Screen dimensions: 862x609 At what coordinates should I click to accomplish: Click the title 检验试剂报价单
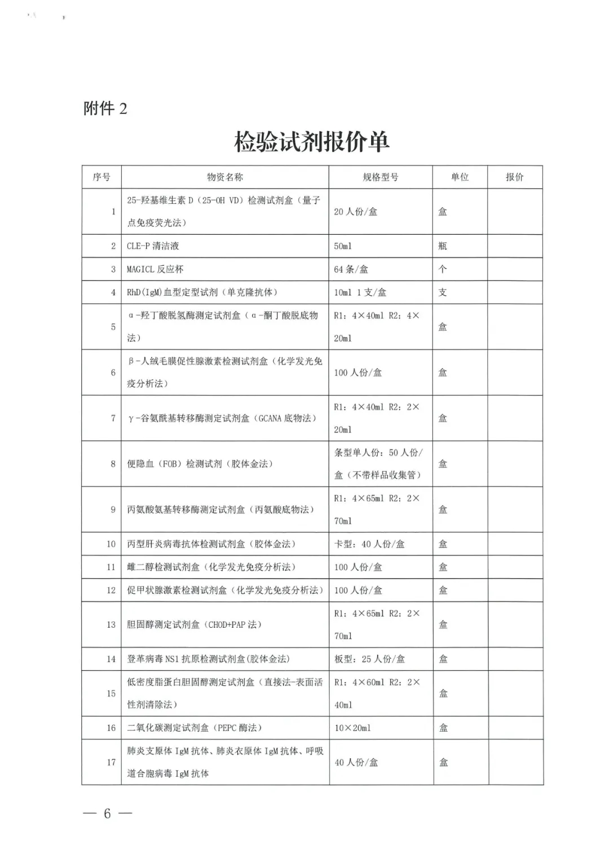[x=311, y=141]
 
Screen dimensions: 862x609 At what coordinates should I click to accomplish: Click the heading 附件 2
[x=105, y=108]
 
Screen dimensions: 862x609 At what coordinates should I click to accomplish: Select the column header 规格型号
[x=380, y=177]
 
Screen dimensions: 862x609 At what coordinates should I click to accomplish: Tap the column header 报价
[x=514, y=177]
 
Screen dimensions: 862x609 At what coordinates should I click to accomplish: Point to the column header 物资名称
[x=224, y=177]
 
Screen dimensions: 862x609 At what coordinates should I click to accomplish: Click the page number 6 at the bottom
[x=107, y=813]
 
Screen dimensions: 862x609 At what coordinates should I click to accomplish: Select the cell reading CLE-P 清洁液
[x=152, y=246]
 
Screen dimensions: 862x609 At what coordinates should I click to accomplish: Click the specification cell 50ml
[x=343, y=246]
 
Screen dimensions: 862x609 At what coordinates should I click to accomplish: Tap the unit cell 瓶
[x=443, y=246]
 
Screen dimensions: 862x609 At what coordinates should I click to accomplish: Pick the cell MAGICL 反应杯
[x=155, y=269]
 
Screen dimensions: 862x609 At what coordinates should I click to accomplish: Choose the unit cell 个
[x=443, y=269]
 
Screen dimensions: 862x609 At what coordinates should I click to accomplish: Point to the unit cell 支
[x=443, y=292]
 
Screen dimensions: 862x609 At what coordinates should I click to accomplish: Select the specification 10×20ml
[x=352, y=728]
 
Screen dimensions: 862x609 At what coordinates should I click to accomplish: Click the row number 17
[x=111, y=763]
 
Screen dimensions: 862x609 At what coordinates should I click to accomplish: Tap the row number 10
[x=111, y=544]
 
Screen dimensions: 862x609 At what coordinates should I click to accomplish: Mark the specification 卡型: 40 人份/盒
[x=369, y=544]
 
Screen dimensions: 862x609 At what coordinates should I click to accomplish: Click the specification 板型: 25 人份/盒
[x=369, y=659]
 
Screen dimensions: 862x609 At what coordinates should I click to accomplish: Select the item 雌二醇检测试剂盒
[x=211, y=567]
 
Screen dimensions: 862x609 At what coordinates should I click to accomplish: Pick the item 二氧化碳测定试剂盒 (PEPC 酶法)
[x=195, y=728]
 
